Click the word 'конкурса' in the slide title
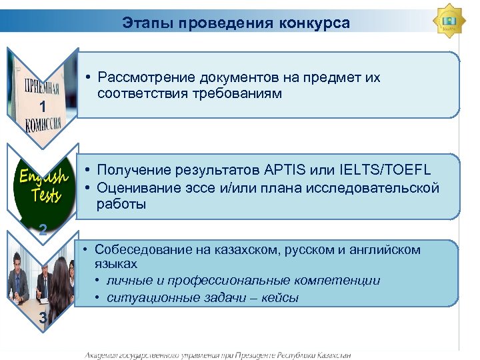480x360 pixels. pos(318,24)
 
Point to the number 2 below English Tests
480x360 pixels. pos(42,230)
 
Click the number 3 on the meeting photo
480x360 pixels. pos(42,318)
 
